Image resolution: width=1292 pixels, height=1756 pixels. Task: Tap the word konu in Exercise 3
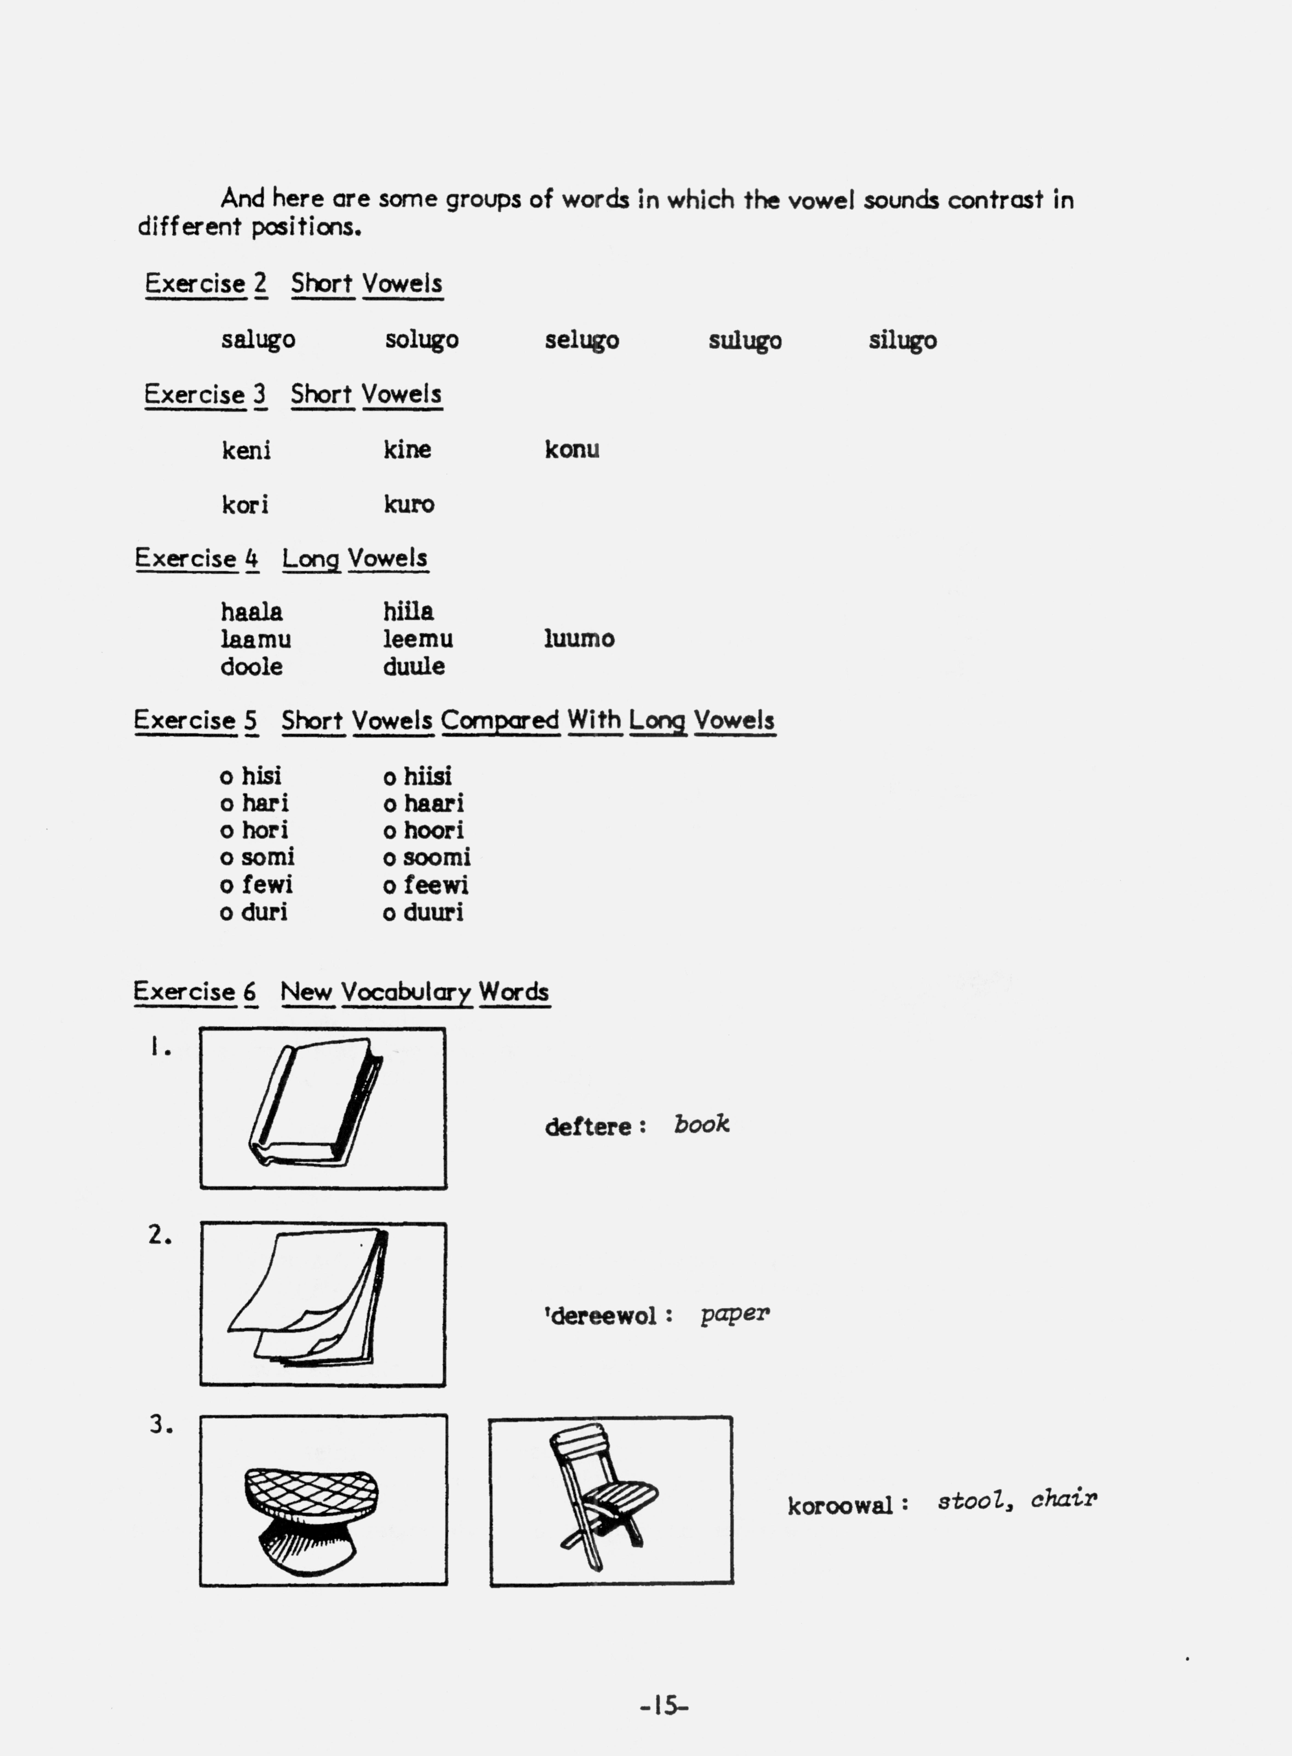(572, 450)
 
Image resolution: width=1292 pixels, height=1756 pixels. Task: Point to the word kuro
(408, 505)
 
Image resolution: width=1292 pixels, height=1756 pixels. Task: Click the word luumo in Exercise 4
(579, 639)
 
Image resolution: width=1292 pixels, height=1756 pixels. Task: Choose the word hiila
(407, 611)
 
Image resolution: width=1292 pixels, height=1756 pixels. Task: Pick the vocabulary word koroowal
(840, 1506)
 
